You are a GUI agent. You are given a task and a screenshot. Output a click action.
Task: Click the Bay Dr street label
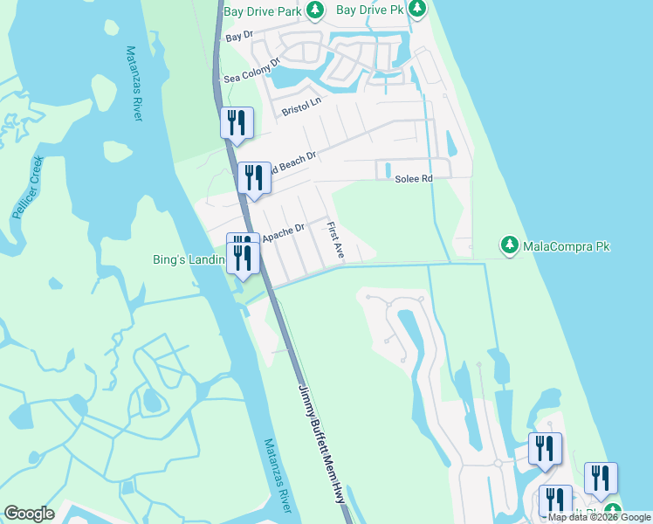tap(238, 38)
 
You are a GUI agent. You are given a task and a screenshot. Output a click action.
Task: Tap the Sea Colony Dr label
tap(251, 71)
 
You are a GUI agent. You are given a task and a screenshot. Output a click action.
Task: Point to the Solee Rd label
tap(414, 178)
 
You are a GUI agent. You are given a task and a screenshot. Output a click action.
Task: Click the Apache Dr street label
tap(283, 231)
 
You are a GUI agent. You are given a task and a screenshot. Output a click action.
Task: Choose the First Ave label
tap(335, 239)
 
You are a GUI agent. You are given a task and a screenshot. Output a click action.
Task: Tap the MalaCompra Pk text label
tap(566, 246)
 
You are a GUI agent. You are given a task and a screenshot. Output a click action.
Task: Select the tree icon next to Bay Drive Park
tap(315, 10)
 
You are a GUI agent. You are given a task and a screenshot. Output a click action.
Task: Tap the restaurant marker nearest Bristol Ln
tap(236, 123)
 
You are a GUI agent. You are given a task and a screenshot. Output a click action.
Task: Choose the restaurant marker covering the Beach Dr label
tap(254, 179)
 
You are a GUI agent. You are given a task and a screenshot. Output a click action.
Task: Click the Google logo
tap(29, 514)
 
